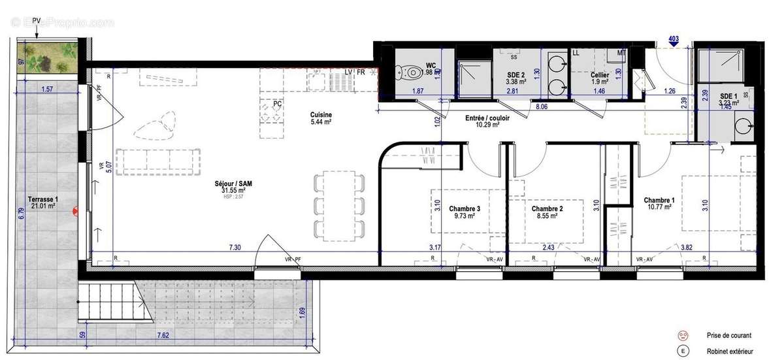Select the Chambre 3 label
click(x=465, y=209)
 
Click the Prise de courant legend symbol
click(x=683, y=335)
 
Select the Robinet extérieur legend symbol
click(x=683, y=352)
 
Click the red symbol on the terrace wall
click(x=76, y=210)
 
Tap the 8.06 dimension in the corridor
click(x=542, y=106)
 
